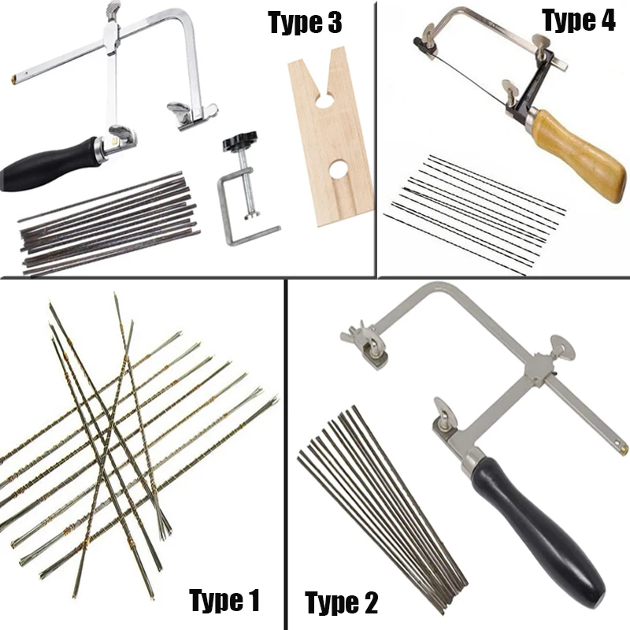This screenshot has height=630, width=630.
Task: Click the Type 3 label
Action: (305, 23)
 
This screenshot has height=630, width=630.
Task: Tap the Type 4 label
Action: (579, 21)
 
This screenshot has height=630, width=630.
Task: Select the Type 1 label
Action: (224, 601)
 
